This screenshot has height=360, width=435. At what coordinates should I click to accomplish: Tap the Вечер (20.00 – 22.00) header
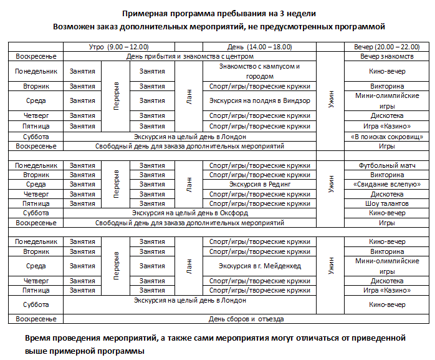387,47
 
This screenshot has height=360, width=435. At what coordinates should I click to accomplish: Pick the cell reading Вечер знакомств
387,57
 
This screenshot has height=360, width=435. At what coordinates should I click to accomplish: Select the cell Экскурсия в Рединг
260,184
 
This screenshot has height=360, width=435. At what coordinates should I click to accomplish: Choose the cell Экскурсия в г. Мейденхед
260,265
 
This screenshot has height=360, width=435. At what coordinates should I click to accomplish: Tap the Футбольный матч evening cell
387,165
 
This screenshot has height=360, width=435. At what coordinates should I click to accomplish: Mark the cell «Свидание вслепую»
387,184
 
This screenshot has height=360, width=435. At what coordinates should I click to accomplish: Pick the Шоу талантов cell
387,203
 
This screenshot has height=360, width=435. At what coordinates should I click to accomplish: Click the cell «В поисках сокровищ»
387,136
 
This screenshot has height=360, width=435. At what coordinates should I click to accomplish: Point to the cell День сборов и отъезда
246,319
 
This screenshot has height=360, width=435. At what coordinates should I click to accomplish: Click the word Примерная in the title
145,13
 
